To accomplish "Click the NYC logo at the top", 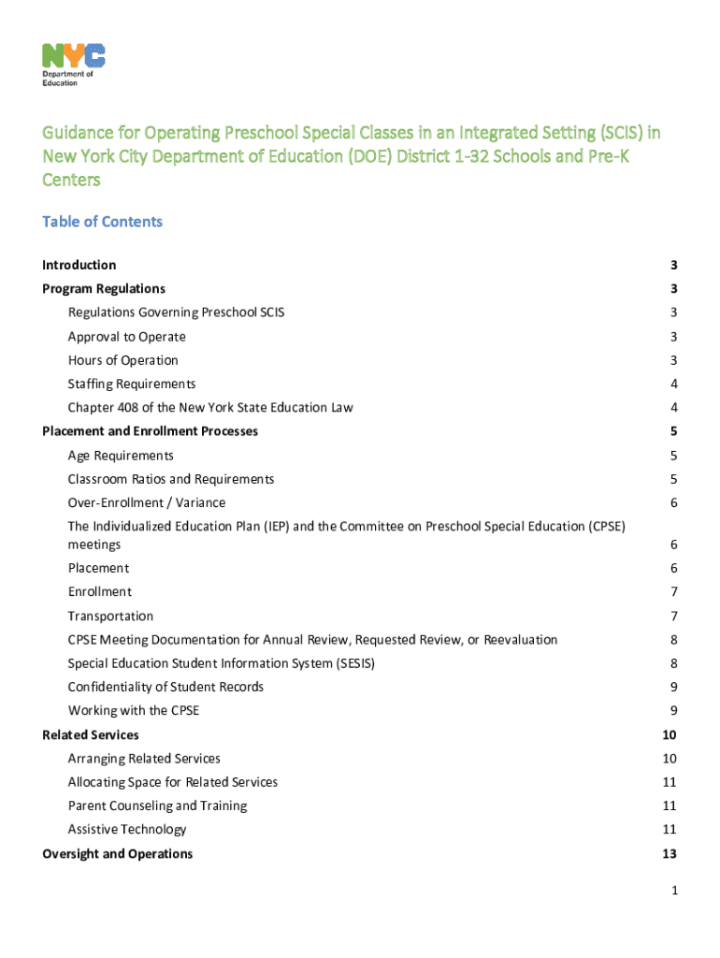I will [x=73, y=55].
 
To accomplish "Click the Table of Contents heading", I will [x=102, y=222].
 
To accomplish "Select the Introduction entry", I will [x=79, y=265].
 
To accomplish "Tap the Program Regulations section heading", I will [x=104, y=289].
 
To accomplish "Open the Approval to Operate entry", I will [x=126, y=337].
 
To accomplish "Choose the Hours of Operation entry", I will [x=122, y=360].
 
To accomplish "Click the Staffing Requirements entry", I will [x=132, y=384].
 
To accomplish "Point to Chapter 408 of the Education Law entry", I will [x=210, y=408].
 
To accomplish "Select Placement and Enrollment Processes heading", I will [x=151, y=431].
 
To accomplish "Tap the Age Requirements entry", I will [x=121, y=456].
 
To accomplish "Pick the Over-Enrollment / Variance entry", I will [x=146, y=502].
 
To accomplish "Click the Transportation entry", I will [x=110, y=616].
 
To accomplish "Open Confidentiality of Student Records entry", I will [x=166, y=687].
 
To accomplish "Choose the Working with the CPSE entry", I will [x=133, y=710].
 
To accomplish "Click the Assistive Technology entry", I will [x=127, y=829].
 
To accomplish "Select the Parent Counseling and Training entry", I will [x=157, y=806].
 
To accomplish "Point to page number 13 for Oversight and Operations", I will [x=669, y=853].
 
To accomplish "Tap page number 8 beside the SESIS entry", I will [x=672, y=663].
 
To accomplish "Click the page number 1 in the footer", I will [x=672, y=892].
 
